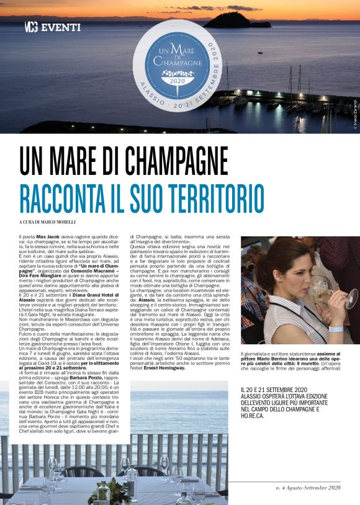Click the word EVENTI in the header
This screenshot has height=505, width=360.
point(61,27)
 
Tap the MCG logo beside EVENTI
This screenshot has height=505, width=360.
point(31,27)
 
